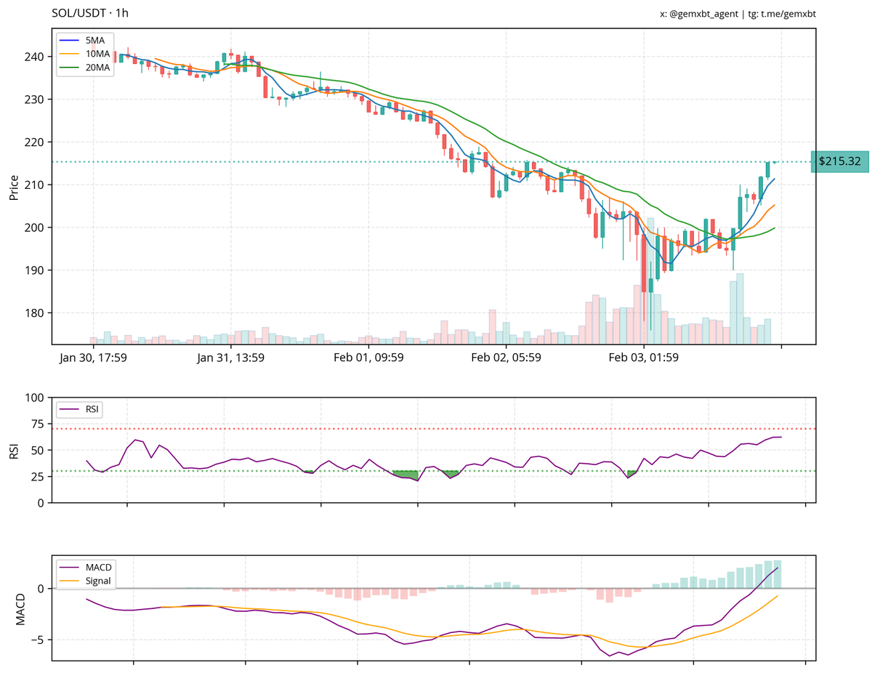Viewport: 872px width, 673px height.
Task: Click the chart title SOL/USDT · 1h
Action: (90, 13)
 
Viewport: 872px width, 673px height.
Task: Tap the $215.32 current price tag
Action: (839, 161)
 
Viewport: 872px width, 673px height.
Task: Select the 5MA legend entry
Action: (94, 40)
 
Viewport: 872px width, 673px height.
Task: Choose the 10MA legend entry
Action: (97, 54)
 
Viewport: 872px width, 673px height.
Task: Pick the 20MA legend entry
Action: (97, 68)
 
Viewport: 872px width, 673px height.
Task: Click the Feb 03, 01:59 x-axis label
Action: (643, 358)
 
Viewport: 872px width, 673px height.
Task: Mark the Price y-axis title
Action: (14, 187)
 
